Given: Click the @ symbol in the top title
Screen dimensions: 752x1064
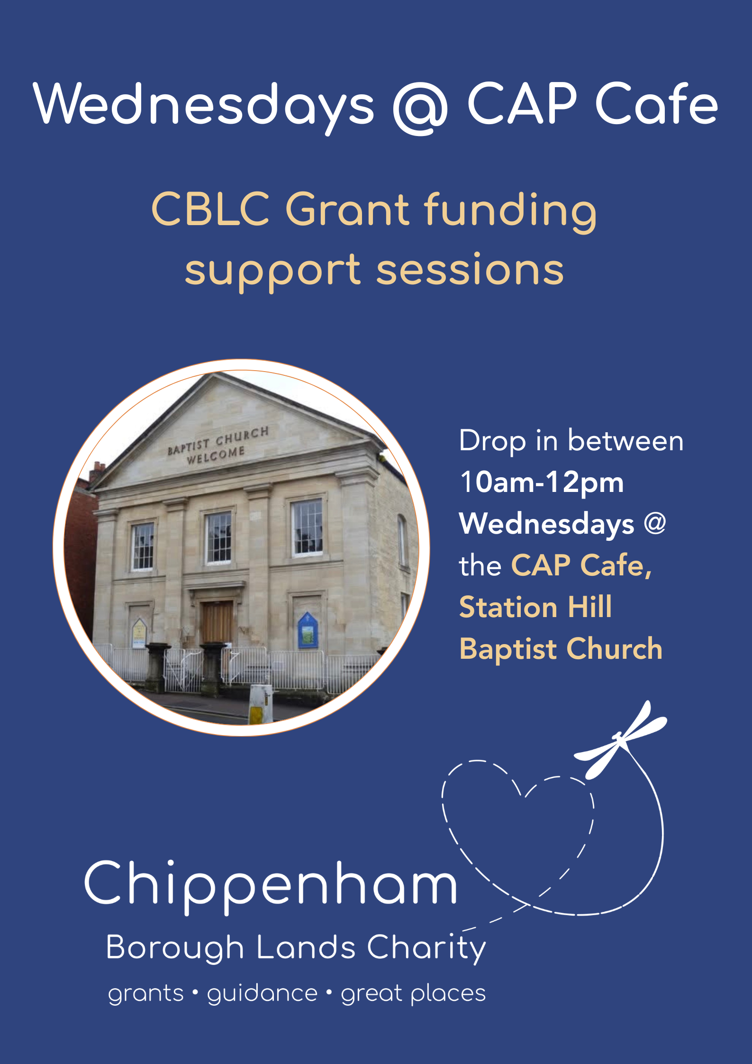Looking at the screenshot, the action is point(420,106).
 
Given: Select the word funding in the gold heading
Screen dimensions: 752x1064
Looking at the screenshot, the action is point(510,211).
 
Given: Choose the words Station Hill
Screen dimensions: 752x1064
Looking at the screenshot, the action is point(536,607).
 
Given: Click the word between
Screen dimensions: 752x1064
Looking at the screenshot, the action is point(625,441).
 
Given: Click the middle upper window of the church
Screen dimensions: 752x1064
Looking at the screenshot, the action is point(218,537).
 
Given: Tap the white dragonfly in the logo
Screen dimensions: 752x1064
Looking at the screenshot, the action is point(620,740).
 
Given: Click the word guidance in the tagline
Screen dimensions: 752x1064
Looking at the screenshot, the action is point(262,993).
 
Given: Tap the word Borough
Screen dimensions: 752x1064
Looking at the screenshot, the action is point(175,948).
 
